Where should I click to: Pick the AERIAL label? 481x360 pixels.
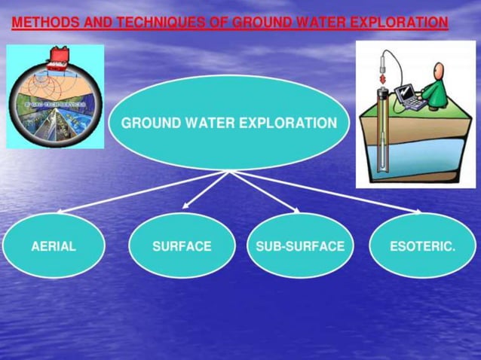(54, 246)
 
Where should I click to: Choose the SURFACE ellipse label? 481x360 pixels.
(182, 246)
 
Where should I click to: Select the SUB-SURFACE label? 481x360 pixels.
(300, 246)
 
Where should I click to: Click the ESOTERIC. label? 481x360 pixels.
(422, 246)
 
